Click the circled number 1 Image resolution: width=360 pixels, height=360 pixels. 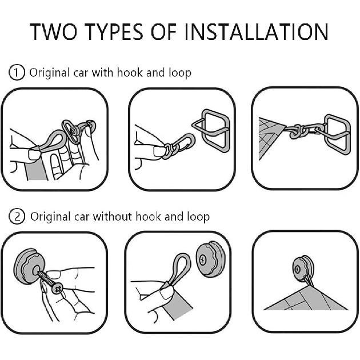pyautogui.click(x=18, y=73)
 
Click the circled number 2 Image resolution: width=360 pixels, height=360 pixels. pyautogui.click(x=19, y=217)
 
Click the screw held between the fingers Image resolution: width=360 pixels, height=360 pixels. pyautogui.click(x=48, y=282)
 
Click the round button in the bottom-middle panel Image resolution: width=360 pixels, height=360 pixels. pyautogui.click(x=208, y=259)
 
